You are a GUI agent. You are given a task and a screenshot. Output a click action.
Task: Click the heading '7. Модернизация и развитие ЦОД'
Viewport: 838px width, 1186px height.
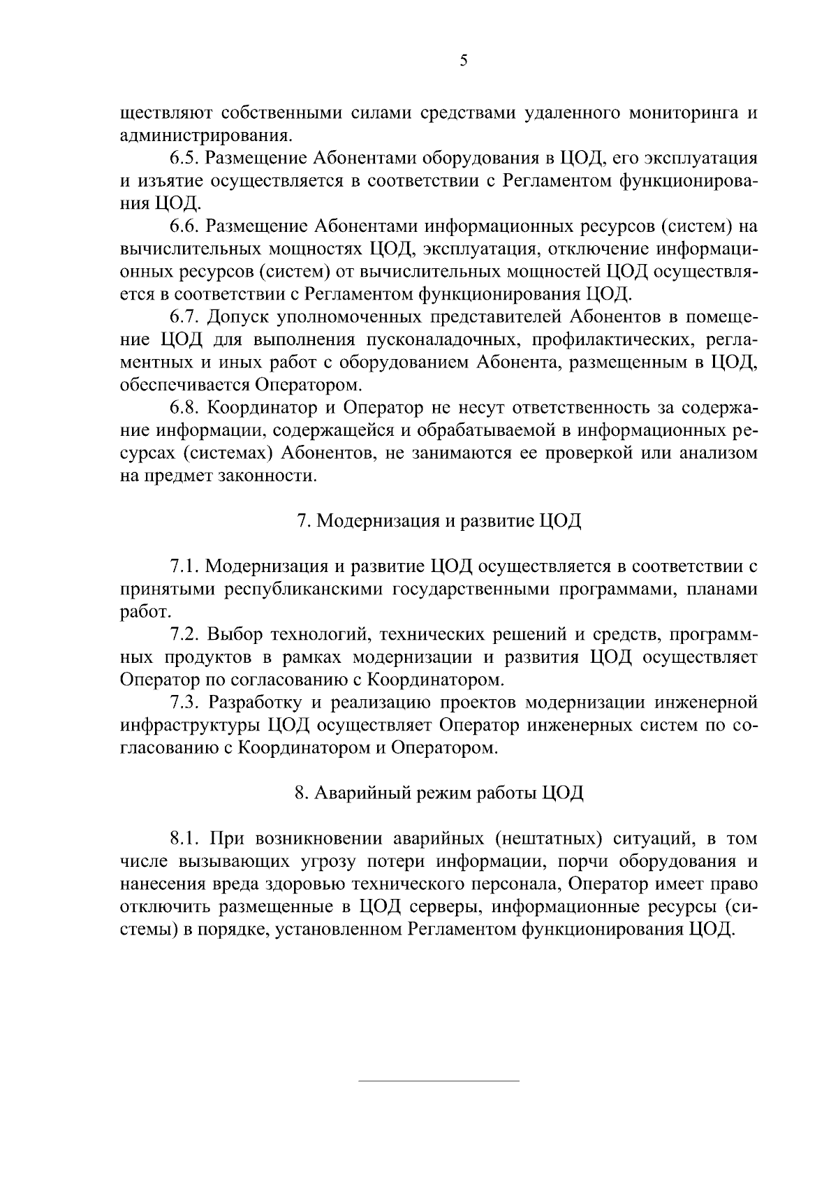click(439, 521)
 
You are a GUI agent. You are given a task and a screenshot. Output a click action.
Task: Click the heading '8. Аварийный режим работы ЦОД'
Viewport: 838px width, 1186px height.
click(439, 793)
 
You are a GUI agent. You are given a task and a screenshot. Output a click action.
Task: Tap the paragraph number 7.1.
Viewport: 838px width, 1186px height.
click(185, 566)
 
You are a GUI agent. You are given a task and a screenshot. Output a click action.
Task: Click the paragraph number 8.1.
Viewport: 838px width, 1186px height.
click(185, 838)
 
